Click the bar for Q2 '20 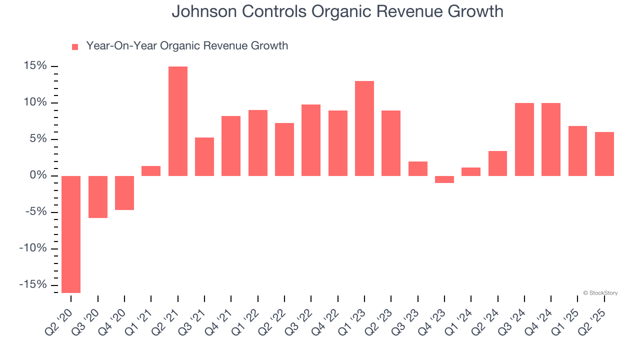(71, 234)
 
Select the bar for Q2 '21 (178, 121)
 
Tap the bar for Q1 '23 (364, 128)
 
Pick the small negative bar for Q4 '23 (444, 179)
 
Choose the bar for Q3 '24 (524, 139)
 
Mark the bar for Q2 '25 (604, 154)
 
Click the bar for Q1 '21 (151, 171)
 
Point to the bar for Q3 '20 (98, 197)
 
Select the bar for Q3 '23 (418, 168)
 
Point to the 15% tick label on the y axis (34, 66)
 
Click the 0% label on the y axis (37, 175)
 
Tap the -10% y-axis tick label (32, 248)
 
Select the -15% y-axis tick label (32, 284)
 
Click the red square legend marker (75, 47)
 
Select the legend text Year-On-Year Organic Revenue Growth (187, 46)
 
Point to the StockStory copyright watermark (600, 293)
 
